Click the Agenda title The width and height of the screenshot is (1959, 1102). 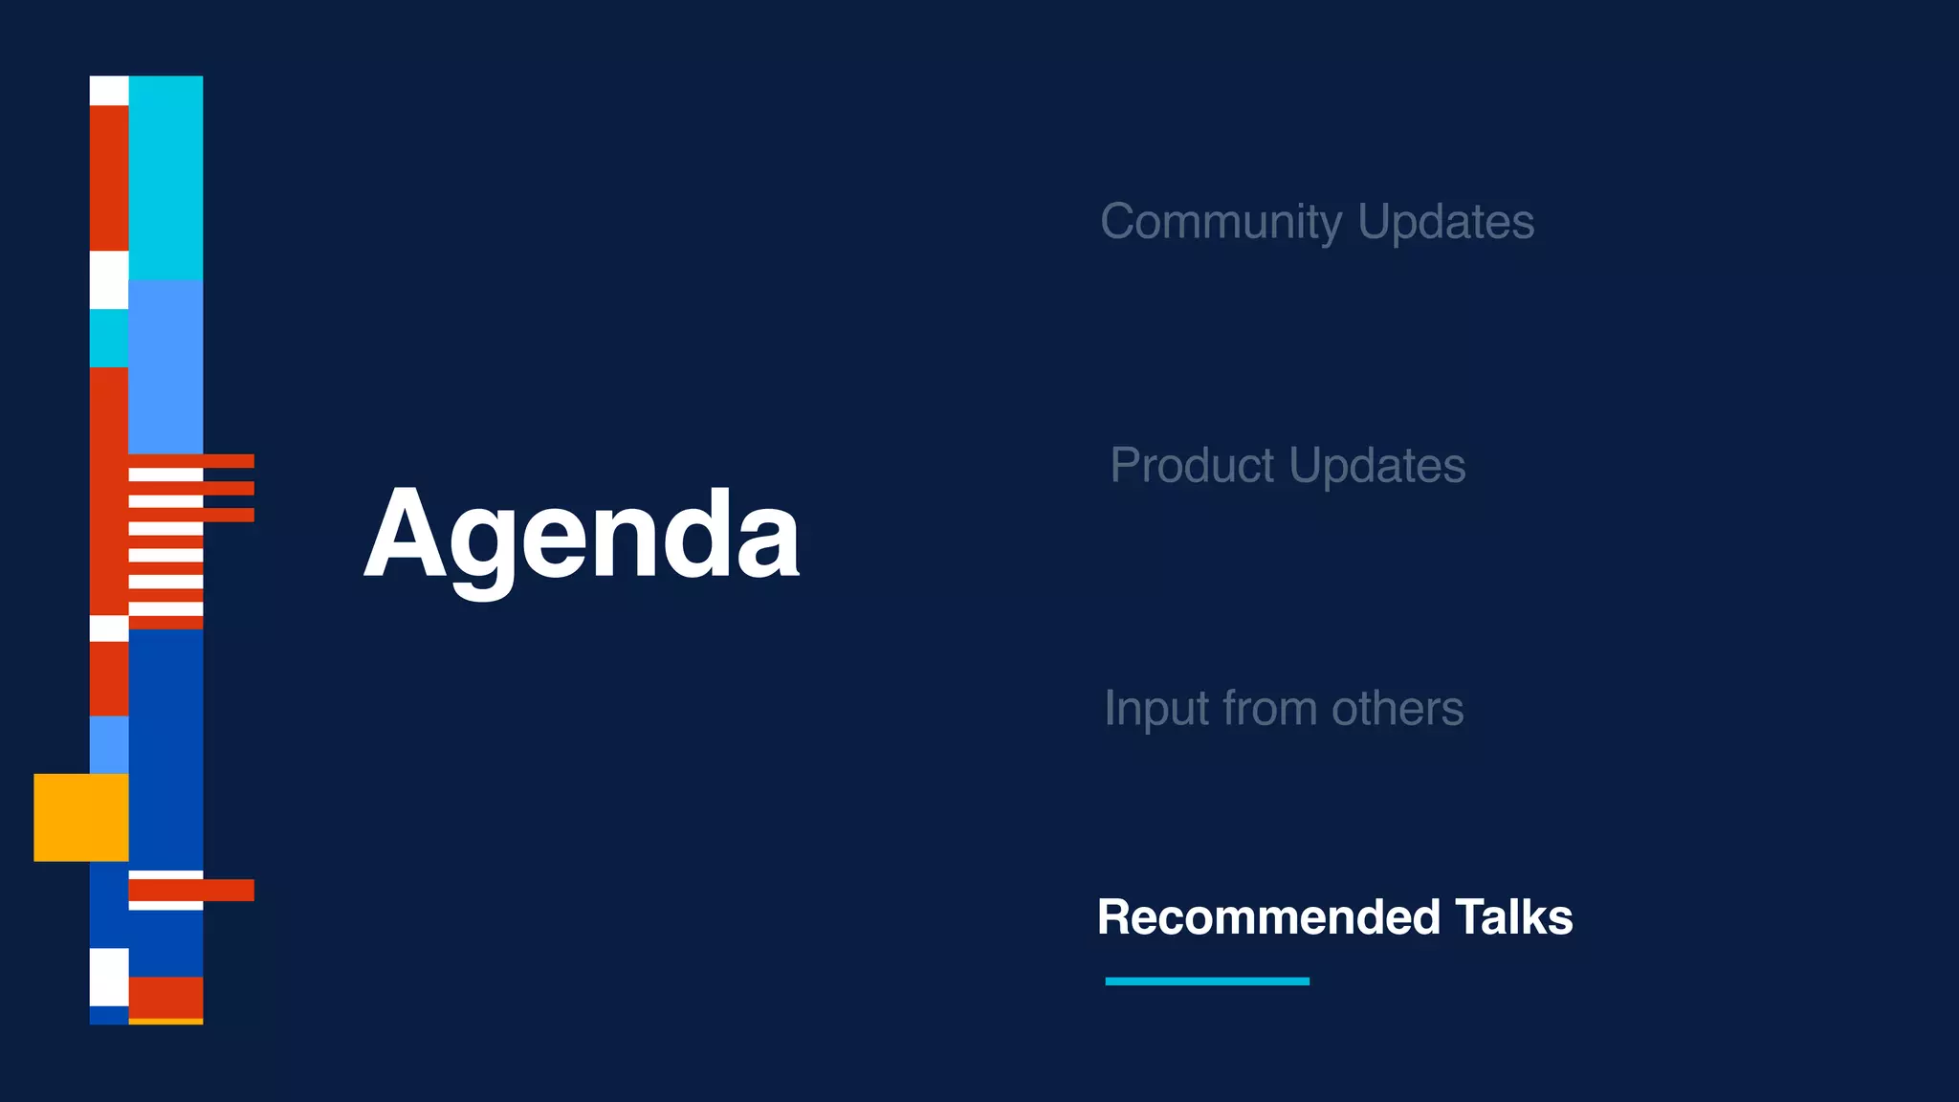[x=582, y=536]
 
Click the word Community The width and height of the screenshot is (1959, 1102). [x=1222, y=222]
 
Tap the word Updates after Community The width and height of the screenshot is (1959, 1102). [x=1445, y=222]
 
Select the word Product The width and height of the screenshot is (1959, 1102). [x=1192, y=466]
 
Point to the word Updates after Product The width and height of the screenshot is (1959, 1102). [x=1376, y=466]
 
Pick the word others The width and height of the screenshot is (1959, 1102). [x=1398, y=709]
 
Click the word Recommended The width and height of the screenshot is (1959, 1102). [x=1268, y=917]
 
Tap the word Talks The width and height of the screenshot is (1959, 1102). [x=1514, y=917]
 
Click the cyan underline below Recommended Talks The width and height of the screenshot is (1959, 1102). [x=1207, y=981]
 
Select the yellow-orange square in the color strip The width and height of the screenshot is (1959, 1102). [x=81, y=817]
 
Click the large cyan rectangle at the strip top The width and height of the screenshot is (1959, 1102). [x=165, y=177]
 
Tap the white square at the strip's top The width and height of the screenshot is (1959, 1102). [x=109, y=91]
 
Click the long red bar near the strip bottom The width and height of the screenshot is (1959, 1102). [x=191, y=890]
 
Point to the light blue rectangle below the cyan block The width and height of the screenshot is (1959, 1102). [x=165, y=366]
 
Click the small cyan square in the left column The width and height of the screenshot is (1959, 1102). [x=109, y=338]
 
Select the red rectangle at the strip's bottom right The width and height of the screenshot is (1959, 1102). [x=165, y=997]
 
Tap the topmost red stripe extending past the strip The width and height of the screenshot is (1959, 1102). [x=228, y=461]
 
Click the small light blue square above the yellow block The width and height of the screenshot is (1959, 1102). [x=109, y=744]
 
